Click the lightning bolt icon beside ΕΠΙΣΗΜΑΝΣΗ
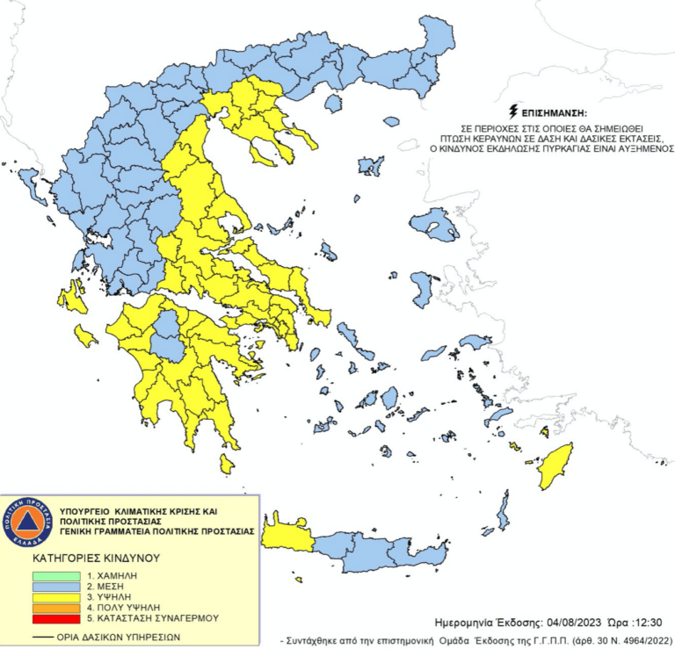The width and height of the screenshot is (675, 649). pyautogui.click(x=513, y=112)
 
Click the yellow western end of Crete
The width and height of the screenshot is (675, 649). pyautogui.click(x=287, y=535)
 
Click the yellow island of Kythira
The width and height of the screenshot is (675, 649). pyautogui.click(x=227, y=461)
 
